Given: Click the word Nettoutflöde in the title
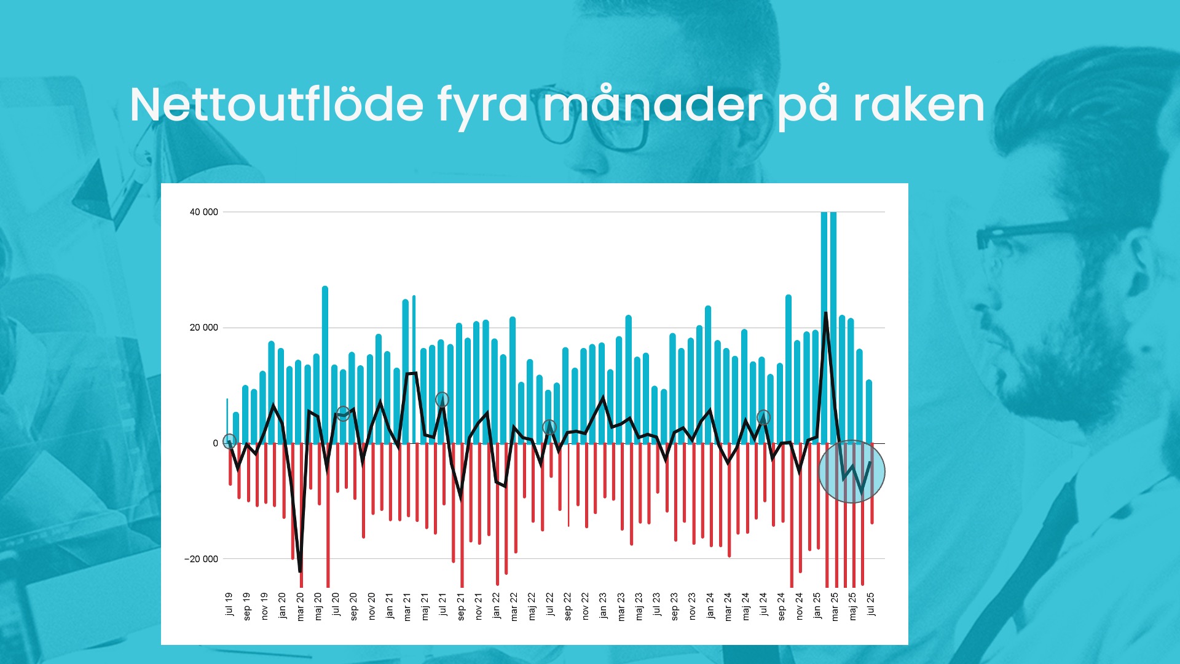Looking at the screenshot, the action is click(277, 105).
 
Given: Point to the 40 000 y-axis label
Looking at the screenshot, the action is click(203, 212).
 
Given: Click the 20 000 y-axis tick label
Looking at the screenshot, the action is click(203, 328).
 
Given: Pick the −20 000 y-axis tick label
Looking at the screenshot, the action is click(201, 559).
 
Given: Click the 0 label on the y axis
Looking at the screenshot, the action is click(215, 443).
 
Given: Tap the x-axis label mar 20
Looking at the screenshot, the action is click(301, 607).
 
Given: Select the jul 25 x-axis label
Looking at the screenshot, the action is click(870, 604).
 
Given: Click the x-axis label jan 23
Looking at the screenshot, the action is click(603, 606).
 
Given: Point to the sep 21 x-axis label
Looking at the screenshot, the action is click(461, 606).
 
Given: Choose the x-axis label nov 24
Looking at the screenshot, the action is click(799, 606).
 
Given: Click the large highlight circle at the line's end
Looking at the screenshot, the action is click(852, 472).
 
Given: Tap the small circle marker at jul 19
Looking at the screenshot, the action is click(229, 441).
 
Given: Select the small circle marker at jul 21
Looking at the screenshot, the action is click(442, 400).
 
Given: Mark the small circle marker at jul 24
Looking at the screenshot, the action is click(763, 417).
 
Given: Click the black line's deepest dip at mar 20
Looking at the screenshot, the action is click(300, 571).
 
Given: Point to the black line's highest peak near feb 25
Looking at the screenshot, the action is click(825, 314).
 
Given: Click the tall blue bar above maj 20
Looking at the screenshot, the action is click(325, 365).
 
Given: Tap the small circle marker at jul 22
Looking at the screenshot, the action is click(549, 427).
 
